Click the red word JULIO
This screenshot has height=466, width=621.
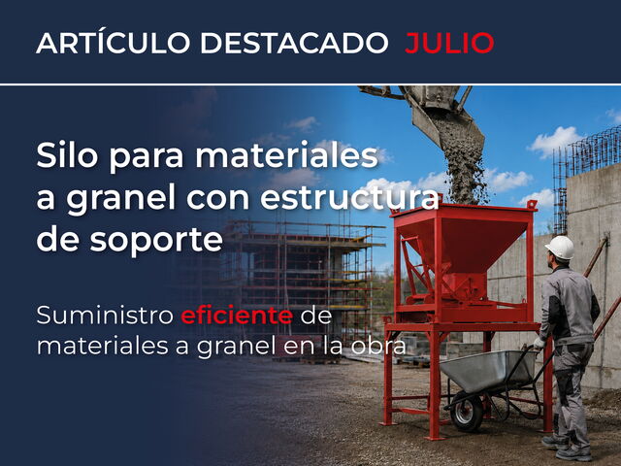coord(449,43)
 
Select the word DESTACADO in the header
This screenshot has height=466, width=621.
coord(294,43)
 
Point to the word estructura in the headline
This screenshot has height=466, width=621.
coord(349,198)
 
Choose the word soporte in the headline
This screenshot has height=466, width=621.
coord(156,241)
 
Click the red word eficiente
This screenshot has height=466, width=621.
coord(237,316)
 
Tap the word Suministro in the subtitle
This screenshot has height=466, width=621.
coord(105,316)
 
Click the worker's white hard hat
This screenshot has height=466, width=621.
coord(560,248)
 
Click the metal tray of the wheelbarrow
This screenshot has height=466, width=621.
coord(487,370)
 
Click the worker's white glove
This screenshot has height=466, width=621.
coord(539,343)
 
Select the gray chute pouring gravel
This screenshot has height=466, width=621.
coord(441,115)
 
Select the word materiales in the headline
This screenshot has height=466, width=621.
coord(286,155)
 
